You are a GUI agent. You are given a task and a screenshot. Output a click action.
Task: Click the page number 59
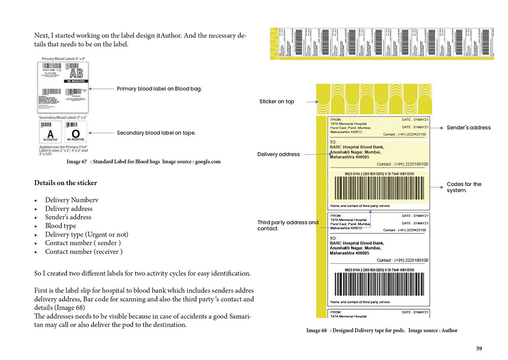click(x=479, y=348)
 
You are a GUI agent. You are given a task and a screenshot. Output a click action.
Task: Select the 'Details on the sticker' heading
click(x=66, y=183)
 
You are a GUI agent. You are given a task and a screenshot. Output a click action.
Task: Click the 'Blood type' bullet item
click(x=60, y=226)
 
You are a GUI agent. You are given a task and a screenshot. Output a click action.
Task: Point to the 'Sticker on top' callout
click(x=276, y=102)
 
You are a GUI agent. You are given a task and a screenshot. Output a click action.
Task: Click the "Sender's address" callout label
click(x=468, y=128)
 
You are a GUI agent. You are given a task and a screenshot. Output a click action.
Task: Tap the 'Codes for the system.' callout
click(x=464, y=187)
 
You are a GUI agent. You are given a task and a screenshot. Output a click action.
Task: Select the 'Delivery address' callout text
click(x=278, y=154)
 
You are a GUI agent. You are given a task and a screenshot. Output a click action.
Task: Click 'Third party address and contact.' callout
click(x=288, y=225)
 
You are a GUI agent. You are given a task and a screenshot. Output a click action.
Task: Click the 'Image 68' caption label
click(x=316, y=331)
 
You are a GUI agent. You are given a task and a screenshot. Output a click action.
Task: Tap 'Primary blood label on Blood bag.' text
click(x=159, y=88)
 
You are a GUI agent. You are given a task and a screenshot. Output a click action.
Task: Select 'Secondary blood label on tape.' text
click(x=156, y=133)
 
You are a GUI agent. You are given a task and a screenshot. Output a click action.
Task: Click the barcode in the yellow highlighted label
click(x=379, y=189)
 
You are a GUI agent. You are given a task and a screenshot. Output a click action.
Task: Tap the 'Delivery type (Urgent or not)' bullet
click(x=86, y=234)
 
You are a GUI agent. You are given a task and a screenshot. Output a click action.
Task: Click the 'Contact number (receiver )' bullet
click(x=84, y=252)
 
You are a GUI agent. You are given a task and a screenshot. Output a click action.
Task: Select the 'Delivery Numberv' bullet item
click(x=72, y=200)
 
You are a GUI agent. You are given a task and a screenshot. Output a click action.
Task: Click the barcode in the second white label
click(x=379, y=285)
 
